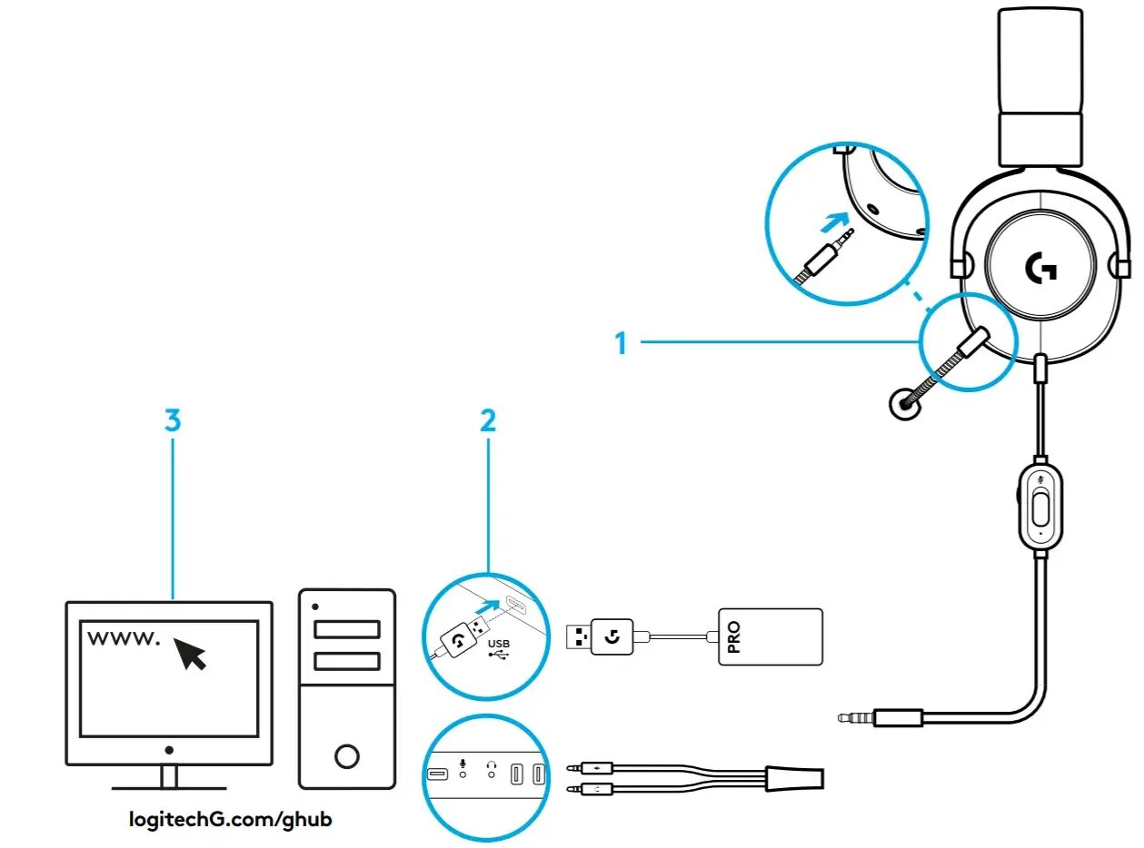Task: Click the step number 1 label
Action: point(622,343)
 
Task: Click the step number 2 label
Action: point(488,419)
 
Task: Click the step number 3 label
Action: point(173,419)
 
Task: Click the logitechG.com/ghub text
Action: point(232,819)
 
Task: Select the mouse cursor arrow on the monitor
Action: point(190,652)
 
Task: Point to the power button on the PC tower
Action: point(346,755)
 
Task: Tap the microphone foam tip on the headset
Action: point(903,404)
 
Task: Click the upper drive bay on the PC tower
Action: point(346,629)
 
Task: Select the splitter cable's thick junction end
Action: point(795,777)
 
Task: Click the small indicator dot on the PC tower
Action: point(315,606)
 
